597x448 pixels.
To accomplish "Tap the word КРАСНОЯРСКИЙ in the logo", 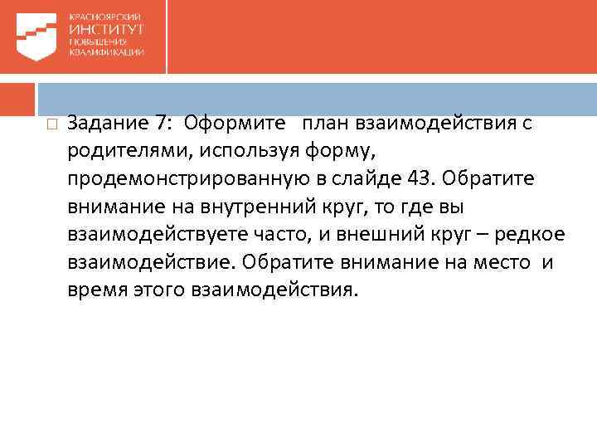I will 105,17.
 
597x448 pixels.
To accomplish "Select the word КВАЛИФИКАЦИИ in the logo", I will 106,51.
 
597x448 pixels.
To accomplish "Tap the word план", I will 325,124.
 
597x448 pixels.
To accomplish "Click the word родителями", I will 120,153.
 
